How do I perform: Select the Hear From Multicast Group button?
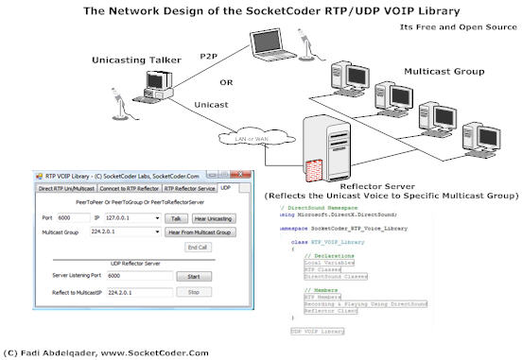click(x=199, y=231)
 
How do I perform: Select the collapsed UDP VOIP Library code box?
click(x=317, y=332)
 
